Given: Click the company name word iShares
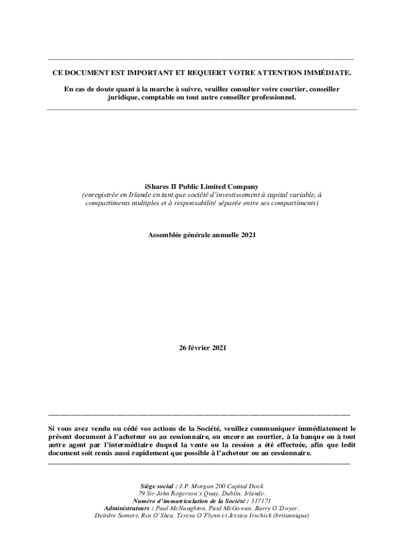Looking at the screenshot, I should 156,186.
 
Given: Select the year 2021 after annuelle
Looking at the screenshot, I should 248,235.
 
